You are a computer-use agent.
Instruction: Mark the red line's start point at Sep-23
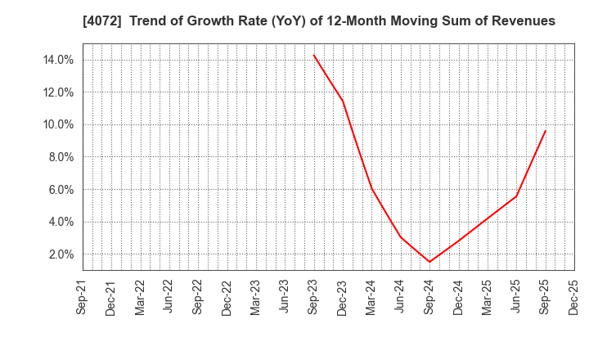point(313,55)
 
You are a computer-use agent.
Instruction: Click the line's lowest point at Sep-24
point(429,262)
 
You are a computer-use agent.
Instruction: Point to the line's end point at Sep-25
point(546,130)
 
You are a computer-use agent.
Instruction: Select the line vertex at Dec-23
point(343,101)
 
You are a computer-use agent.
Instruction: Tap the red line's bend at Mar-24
point(371,188)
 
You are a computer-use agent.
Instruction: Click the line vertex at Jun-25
point(516,196)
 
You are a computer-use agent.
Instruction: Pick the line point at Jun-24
point(400,236)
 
